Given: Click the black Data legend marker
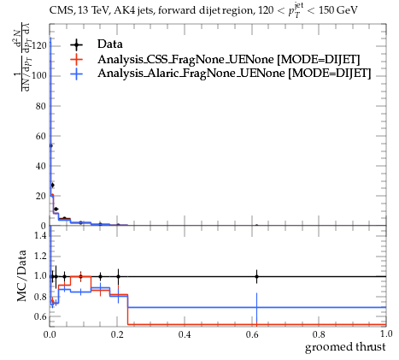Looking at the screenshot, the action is pyautogui.click(x=76, y=44).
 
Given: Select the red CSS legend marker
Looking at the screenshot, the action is pyautogui.click(x=76, y=59).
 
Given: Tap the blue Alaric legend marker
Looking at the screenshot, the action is pyautogui.click(x=76, y=74).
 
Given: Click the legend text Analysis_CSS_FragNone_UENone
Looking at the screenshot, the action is pyautogui.click(x=185, y=60).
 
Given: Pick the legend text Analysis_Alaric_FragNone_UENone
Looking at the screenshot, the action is pyautogui.click(x=191, y=74).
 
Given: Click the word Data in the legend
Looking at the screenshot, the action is pyautogui.click(x=110, y=44).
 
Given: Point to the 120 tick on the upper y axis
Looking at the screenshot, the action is pyautogui.click(x=38, y=45).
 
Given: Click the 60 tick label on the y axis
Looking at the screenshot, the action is pyautogui.click(x=41, y=136).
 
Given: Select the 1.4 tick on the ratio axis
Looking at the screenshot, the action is pyautogui.click(x=40, y=235).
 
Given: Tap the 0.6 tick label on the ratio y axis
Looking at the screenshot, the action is pyautogui.click(x=40, y=316).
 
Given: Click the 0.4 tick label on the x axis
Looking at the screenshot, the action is pyautogui.click(x=185, y=334).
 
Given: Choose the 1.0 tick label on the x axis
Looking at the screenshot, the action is pyautogui.click(x=386, y=333).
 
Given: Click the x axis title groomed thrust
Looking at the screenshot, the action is pyautogui.click(x=345, y=347).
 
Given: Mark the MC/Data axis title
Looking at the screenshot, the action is pyautogui.click(x=21, y=276).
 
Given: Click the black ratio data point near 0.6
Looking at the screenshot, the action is pyautogui.click(x=257, y=276).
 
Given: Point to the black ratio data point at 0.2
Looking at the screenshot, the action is pyautogui.click(x=118, y=276).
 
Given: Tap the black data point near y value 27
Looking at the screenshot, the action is pyautogui.click(x=52, y=186).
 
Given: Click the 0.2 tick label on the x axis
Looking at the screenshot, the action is pyautogui.click(x=117, y=334).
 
